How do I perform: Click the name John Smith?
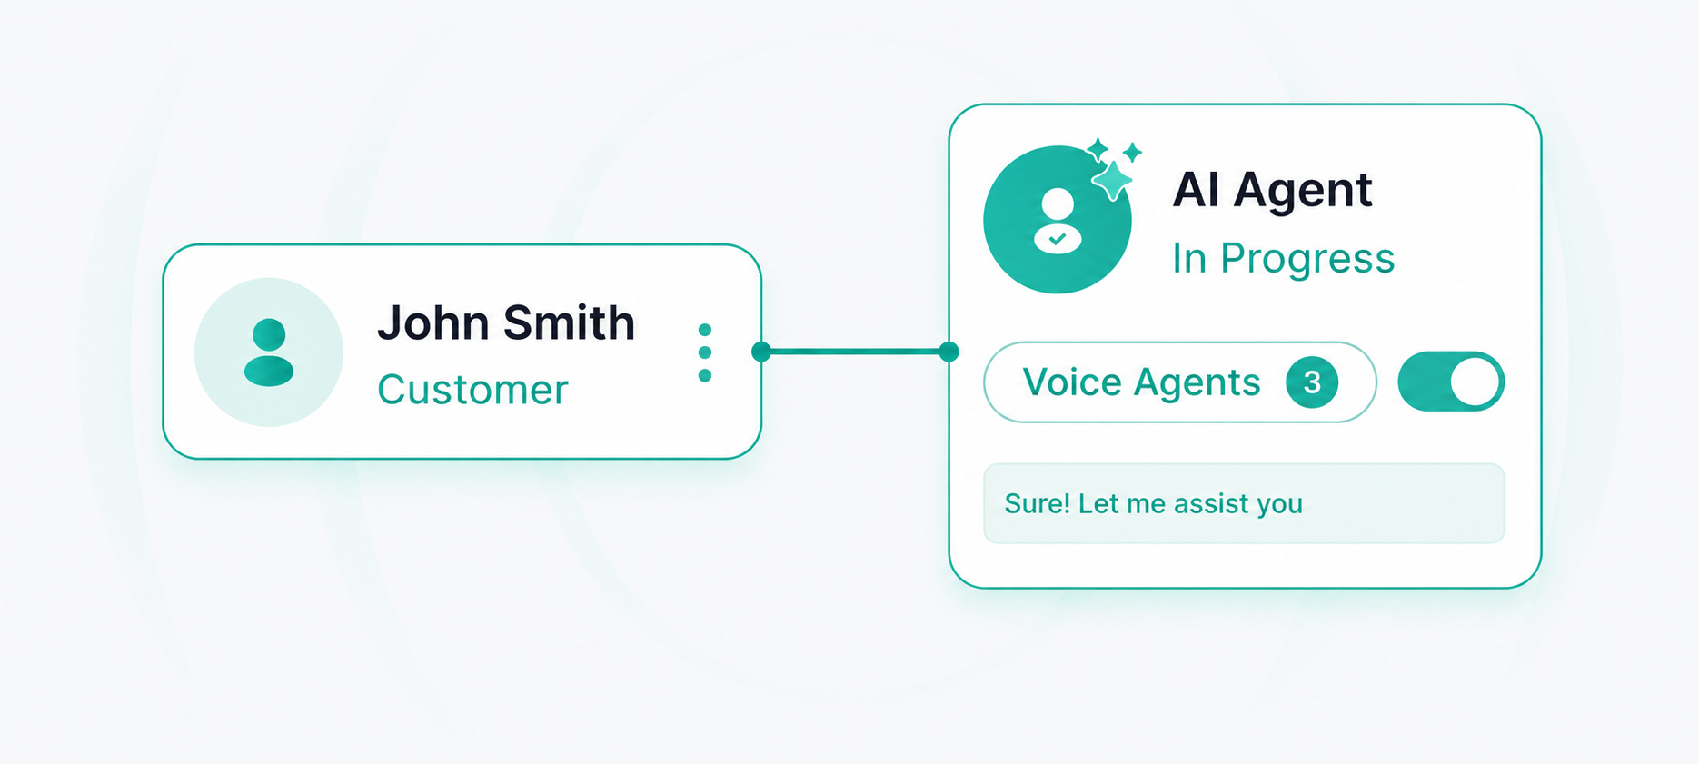pos(506,323)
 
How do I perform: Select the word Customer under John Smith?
pos(472,390)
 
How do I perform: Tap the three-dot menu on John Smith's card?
pos(705,352)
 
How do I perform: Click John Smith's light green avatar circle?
pos(269,352)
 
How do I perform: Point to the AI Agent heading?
pos(1272,190)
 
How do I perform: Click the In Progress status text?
pos(1283,258)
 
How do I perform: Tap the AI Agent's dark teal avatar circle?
pos(1058,219)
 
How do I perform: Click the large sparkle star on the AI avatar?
pos(1113,179)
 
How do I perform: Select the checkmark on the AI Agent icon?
pos(1058,239)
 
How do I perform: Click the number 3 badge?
pos(1312,382)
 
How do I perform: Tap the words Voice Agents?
pos(1141,382)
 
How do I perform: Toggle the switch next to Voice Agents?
pos(1451,382)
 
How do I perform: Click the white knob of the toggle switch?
pos(1475,382)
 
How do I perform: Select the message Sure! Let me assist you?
pos(1153,503)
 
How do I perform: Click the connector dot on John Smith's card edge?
pos(761,352)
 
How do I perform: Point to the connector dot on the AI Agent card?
pos(949,352)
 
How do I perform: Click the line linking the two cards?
pos(855,352)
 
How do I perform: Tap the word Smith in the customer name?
pos(569,323)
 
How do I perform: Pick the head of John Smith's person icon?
pos(269,334)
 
